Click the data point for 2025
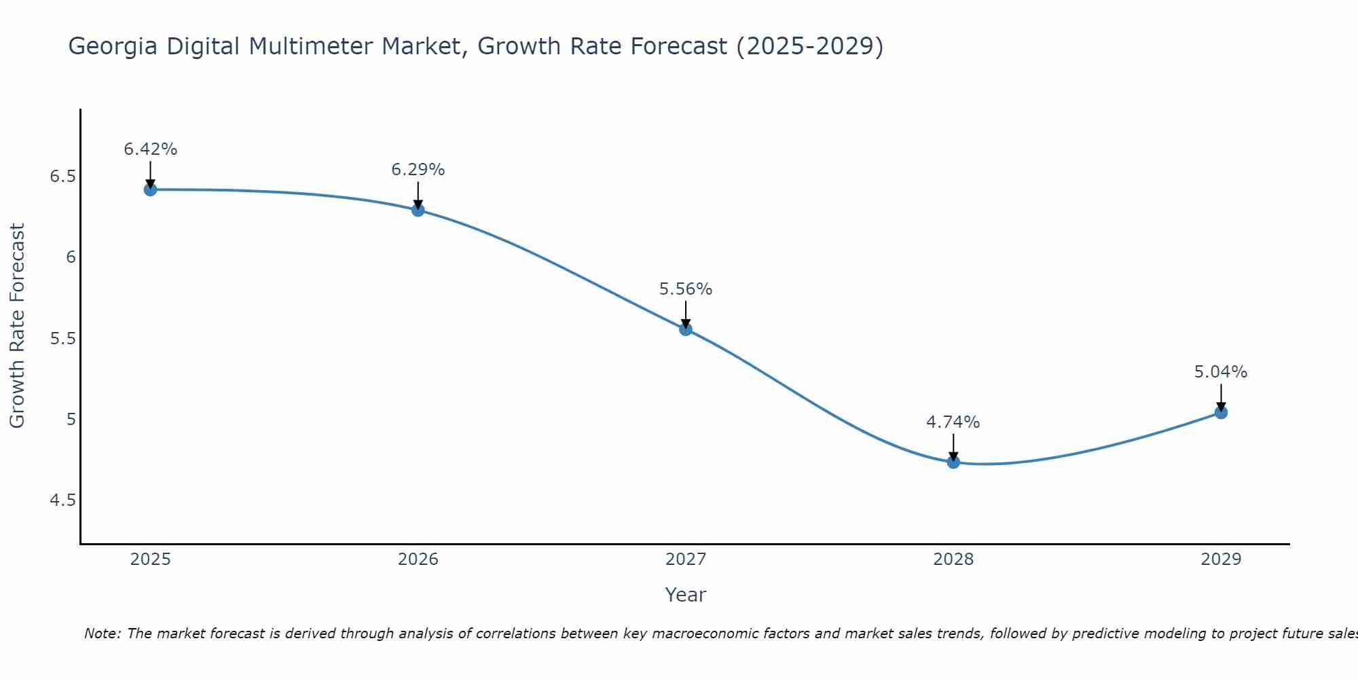(151, 189)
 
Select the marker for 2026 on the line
(418, 210)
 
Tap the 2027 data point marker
(686, 329)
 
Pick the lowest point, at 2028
(953, 462)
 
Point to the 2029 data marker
(1221, 412)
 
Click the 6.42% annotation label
(151, 149)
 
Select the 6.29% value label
(418, 170)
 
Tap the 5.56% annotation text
(686, 289)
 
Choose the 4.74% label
(953, 422)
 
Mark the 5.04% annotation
(1221, 372)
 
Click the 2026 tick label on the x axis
(418, 559)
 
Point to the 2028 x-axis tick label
(953, 559)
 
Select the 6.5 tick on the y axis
(62, 177)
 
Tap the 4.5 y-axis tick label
(62, 500)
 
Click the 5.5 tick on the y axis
(62, 339)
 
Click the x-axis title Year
(686, 595)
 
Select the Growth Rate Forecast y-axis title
(18, 325)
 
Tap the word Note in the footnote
(102, 634)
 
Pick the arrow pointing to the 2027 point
(686, 314)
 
